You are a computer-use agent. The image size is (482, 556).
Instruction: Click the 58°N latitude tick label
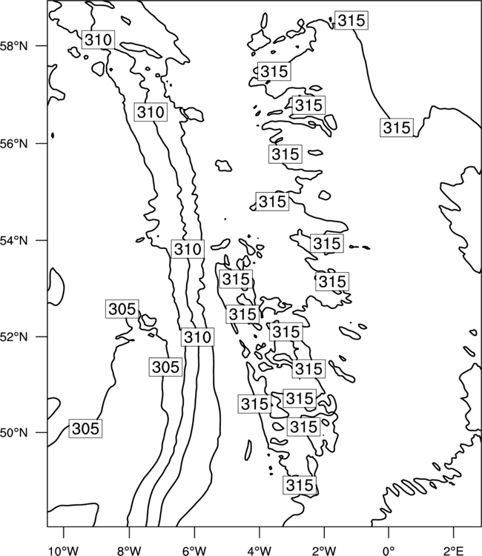[14, 46]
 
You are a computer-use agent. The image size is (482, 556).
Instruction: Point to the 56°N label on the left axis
[14, 144]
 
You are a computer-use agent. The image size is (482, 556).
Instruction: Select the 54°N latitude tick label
[14, 241]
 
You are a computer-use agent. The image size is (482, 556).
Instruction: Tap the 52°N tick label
[14, 337]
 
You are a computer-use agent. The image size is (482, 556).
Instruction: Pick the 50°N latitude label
[14, 433]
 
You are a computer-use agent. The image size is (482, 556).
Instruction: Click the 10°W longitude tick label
[64, 551]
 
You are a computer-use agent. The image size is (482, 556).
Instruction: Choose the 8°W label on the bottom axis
[129, 551]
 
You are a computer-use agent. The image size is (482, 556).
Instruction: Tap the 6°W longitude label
[194, 551]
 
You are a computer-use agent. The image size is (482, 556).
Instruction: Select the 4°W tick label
[260, 551]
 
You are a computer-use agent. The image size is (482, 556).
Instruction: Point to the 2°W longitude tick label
[324, 551]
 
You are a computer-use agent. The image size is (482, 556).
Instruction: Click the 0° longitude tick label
[389, 551]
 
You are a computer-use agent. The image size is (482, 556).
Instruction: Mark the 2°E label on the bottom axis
[454, 551]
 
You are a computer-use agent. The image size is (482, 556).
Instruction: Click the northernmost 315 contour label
[351, 21]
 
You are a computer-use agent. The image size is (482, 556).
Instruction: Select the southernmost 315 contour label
[300, 485]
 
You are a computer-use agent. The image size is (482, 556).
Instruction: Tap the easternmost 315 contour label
[397, 128]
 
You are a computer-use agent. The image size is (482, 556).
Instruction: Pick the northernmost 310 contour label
[98, 39]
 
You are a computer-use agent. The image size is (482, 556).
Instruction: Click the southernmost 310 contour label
[197, 337]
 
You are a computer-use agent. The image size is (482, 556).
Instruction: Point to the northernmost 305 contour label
[122, 309]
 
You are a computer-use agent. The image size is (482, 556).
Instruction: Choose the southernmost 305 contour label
[85, 428]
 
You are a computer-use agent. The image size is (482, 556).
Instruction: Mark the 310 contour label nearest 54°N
[188, 249]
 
